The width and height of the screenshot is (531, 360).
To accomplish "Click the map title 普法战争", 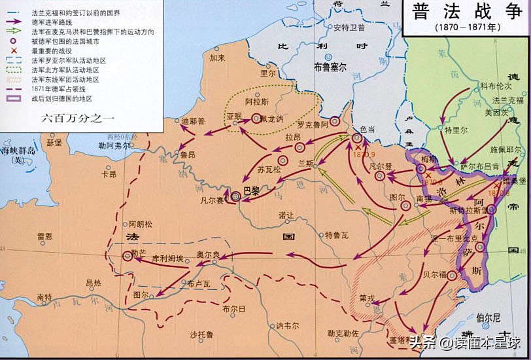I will tap(465, 13).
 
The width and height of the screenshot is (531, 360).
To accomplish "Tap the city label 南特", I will tap(44, 297).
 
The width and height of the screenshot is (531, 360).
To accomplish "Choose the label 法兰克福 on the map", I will tap(508, 100).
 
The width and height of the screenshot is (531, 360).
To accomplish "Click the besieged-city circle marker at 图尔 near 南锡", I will tap(405, 206).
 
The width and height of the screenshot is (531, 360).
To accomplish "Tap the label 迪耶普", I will tap(193, 121).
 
